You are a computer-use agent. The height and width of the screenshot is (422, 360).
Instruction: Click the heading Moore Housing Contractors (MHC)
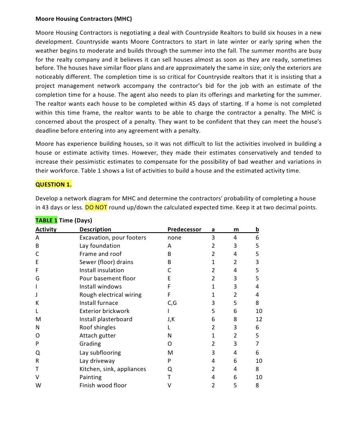point(84,19)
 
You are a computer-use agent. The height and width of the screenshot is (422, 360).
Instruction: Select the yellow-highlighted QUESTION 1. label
point(54,184)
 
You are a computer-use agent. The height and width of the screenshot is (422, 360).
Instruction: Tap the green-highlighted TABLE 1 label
point(46,220)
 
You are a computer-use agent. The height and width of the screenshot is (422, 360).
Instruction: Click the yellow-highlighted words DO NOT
point(96,207)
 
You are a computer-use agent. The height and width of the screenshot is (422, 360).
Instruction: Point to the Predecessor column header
point(184,229)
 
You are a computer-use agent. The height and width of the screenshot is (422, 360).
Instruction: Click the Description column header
point(95,229)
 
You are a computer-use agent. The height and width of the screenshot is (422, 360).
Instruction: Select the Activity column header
point(46,229)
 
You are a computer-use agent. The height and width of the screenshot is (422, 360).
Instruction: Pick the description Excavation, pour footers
point(113,238)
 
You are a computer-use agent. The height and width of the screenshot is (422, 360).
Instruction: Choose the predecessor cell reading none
point(174,238)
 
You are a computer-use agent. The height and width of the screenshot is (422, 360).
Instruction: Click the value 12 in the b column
point(259,319)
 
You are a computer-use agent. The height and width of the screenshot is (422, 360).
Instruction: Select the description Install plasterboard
point(106,319)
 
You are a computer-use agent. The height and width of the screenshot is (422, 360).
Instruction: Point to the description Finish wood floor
point(103,385)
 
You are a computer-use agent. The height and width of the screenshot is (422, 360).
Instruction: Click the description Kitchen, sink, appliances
point(113,369)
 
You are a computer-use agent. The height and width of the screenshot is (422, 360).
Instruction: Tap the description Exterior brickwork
point(104,311)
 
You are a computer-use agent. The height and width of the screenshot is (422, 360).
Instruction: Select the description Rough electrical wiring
point(110,295)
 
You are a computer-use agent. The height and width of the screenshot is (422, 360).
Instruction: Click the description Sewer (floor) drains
point(106,262)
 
